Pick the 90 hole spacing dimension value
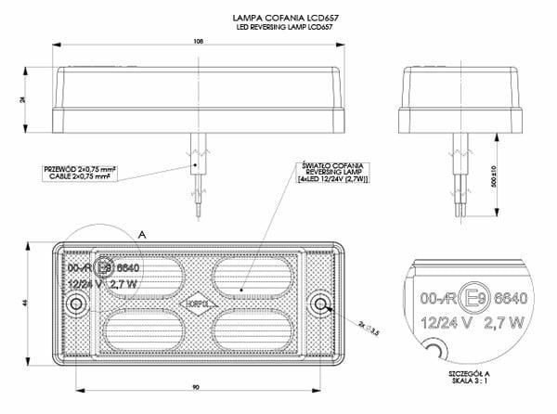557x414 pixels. [x=194, y=383]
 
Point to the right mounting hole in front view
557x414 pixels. [x=321, y=304]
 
